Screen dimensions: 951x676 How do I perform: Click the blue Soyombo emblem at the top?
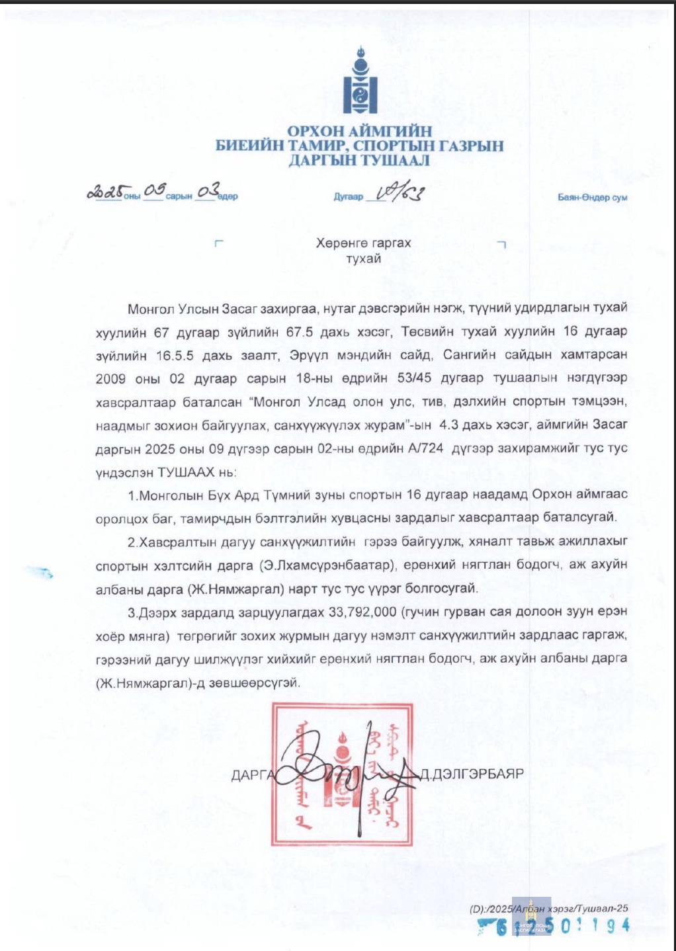click(360, 80)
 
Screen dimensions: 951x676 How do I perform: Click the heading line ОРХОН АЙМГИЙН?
click(359, 131)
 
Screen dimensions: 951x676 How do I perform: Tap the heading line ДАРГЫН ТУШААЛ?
click(359, 160)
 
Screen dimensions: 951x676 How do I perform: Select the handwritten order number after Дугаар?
click(400, 192)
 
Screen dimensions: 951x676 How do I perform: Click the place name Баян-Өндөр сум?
click(592, 197)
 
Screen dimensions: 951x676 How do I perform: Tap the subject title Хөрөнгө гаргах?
click(363, 243)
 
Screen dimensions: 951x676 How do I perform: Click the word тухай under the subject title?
click(363, 259)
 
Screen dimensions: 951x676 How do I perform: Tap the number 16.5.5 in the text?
click(175, 355)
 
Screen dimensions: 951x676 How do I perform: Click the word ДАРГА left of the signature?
click(252, 775)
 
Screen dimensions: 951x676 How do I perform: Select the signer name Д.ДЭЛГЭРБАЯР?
click(472, 774)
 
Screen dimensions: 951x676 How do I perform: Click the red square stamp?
click(341, 774)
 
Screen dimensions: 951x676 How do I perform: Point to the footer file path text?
click(548, 909)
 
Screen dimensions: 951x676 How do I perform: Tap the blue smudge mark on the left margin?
click(40, 571)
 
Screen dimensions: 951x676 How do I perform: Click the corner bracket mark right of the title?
click(501, 244)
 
